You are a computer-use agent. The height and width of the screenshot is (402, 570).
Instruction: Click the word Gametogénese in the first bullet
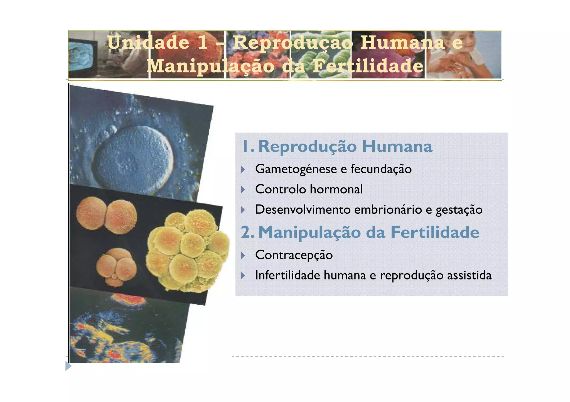point(296,169)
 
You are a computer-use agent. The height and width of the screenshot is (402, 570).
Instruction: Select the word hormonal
point(336,189)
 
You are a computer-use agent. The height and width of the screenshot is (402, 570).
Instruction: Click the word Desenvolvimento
point(303,209)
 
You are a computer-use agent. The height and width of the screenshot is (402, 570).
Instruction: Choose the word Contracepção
point(294,255)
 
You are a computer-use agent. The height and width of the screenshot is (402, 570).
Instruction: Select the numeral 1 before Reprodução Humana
point(246,146)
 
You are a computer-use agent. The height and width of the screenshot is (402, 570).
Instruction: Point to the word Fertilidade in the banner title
point(367,66)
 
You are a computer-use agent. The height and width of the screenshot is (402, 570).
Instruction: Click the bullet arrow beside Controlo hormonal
point(243,189)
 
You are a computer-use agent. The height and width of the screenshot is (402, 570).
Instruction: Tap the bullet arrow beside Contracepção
point(243,255)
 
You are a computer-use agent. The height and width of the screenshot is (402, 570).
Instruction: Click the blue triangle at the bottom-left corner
point(68,366)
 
